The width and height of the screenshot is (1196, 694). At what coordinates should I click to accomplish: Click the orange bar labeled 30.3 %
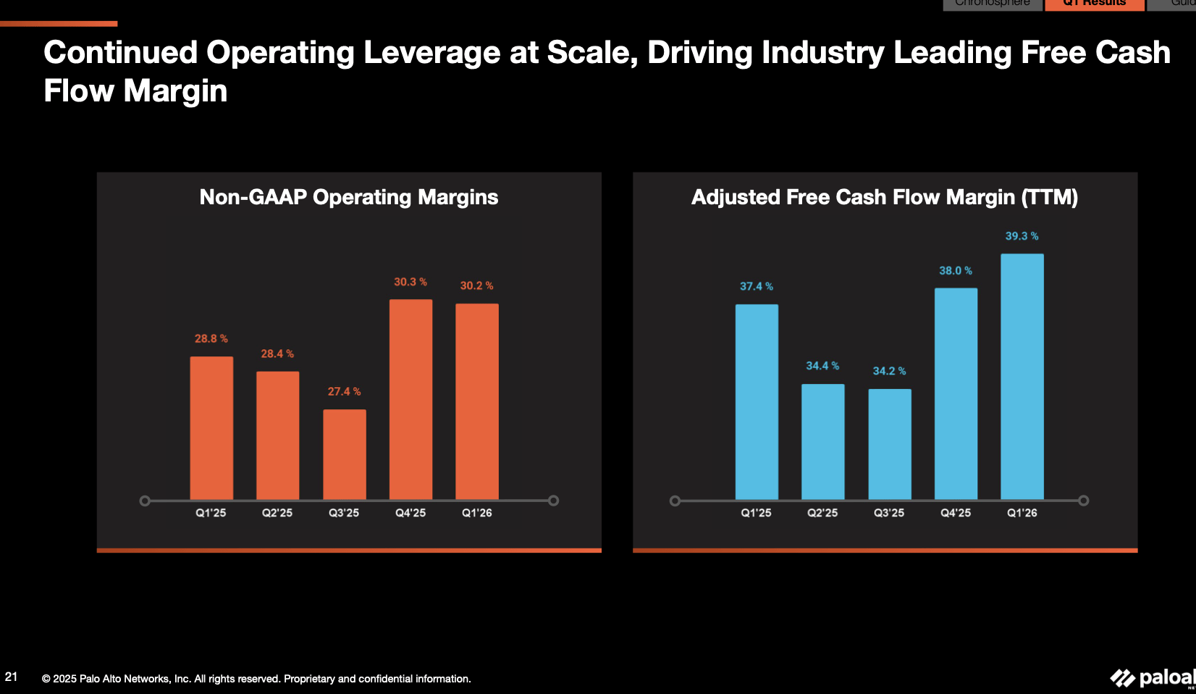pos(410,398)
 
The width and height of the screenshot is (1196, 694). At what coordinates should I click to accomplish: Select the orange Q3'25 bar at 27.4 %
pos(344,454)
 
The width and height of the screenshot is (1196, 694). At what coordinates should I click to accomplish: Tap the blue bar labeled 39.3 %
pos(1022,377)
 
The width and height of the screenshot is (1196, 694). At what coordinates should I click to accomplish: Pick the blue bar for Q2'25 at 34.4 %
pos(822,441)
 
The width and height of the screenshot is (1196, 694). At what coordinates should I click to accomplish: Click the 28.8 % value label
pos(211,338)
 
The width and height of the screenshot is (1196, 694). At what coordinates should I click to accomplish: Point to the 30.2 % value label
pos(476,285)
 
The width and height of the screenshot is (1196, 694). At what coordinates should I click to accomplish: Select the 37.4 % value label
pos(756,286)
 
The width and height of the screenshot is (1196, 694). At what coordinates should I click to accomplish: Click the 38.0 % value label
pos(955,270)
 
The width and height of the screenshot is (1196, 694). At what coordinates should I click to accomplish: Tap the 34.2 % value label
pos(888,371)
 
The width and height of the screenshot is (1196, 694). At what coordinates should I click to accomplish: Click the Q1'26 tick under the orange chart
pos(476,513)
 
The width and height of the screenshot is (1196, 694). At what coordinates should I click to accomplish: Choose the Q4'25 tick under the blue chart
pos(955,513)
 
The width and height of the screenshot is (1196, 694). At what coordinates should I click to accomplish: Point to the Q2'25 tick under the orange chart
pos(277,513)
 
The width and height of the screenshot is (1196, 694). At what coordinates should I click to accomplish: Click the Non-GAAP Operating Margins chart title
pos(348,197)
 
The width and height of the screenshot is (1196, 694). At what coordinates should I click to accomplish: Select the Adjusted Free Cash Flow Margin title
pos(884,197)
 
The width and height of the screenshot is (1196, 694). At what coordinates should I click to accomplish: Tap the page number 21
pos(11,677)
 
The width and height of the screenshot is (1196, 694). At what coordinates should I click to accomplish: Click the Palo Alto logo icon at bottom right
pos(1122,678)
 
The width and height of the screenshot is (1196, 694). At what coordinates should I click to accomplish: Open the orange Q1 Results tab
pos(1094,4)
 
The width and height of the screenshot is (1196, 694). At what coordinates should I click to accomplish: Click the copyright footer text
pos(256,679)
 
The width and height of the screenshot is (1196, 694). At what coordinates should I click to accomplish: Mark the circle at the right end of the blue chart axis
pos(1083,501)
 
